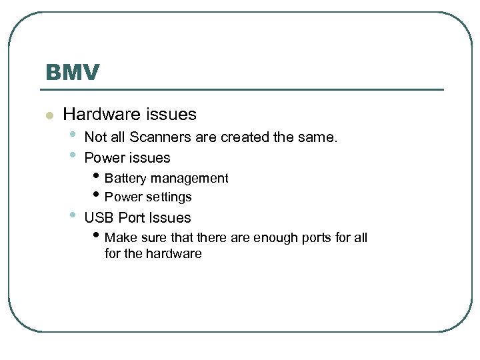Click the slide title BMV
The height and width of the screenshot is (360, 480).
pyautogui.click(x=72, y=72)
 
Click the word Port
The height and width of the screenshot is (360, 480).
pyautogui.click(x=131, y=218)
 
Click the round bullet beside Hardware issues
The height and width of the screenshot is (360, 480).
pyautogui.click(x=48, y=116)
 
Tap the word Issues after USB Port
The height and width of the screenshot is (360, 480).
pyautogui.click(x=170, y=218)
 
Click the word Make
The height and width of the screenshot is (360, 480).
pyautogui.click(x=119, y=238)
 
